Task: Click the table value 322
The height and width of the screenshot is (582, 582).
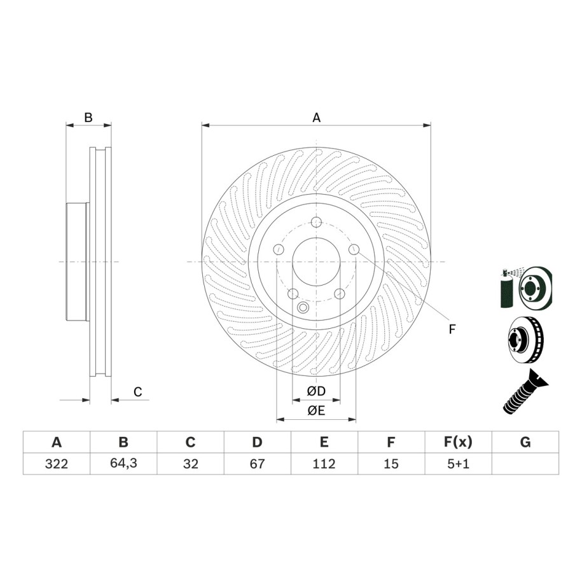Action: pyautogui.click(x=57, y=464)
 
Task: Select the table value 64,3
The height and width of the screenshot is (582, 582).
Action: pyautogui.click(x=123, y=463)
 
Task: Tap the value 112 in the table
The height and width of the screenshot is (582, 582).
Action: pyautogui.click(x=324, y=464)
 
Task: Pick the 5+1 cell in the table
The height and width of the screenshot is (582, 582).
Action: pyautogui.click(x=458, y=464)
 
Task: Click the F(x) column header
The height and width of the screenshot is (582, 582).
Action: pyautogui.click(x=458, y=442)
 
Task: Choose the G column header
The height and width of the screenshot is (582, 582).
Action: pyautogui.click(x=525, y=442)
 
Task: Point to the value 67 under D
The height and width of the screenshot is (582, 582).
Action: pyautogui.click(x=257, y=464)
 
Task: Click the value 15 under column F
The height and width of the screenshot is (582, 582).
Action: pyautogui.click(x=391, y=464)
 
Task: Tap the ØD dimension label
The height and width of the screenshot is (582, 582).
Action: pyautogui.click(x=316, y=391)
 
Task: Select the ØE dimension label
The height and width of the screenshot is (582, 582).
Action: pyautogui.click(x=316, y=410)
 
